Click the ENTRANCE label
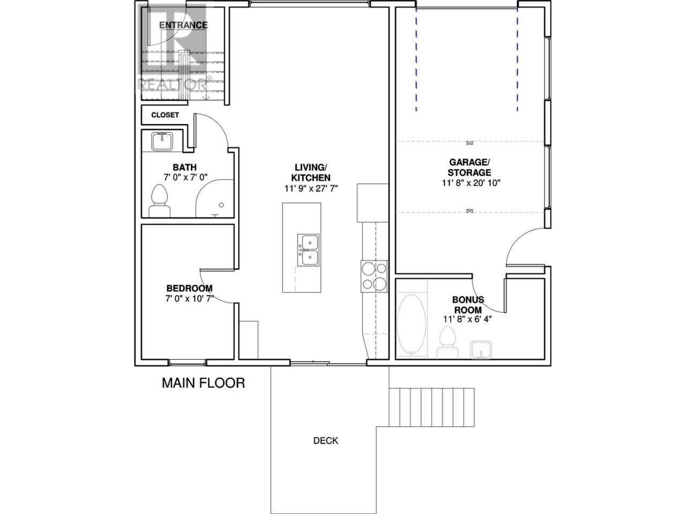pos(183,25)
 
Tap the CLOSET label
pos(165,115)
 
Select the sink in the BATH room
pos(162,141)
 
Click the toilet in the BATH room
pos(159,201)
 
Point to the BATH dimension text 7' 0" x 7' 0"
pos(185,178)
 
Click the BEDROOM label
pos(189,288)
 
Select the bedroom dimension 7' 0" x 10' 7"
pos(190,299)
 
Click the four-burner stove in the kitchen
pos(374,276)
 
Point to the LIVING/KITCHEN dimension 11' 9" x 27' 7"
pos(311,188)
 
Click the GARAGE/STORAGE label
pos(469,167)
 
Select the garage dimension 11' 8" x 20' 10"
pos(471,183)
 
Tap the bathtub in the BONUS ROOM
pos(411,324)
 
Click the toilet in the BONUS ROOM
pos(448,343)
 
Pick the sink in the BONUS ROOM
pos(481,350)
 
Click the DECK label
pos(326,441)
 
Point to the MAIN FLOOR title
pos(204,383)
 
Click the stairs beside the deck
pos(431,407)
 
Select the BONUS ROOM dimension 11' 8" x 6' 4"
pos(467,319)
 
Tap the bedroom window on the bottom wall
pos(188,362)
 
